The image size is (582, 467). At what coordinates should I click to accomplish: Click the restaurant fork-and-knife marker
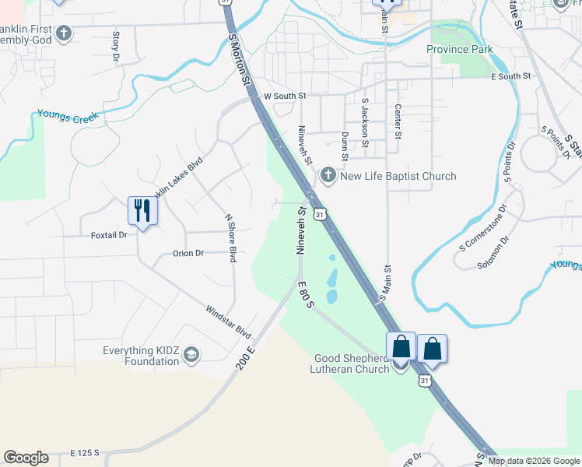click(142, 210)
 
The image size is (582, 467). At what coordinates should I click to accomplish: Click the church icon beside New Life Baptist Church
click(328, 175)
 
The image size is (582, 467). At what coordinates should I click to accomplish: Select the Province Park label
click(459, 49)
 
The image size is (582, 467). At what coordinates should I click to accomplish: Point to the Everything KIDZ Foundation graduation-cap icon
click(191, 356)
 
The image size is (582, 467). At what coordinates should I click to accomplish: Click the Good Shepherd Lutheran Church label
click(351, 363)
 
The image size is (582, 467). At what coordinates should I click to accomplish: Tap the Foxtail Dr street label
click(108, 234)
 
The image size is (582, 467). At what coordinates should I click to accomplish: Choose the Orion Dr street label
click(188, 253)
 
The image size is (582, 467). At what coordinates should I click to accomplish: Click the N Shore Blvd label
click(230, 238)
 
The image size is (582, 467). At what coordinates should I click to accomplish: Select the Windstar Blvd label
click(229, 321)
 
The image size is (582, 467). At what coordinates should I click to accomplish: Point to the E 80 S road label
click(304, 293)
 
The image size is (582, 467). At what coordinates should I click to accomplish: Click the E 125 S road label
click(85, 452)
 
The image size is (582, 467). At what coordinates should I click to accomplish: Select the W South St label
click(286, 96)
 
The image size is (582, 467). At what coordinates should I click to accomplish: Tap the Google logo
click(26, 458)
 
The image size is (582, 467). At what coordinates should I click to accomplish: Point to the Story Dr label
click(116, 45)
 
